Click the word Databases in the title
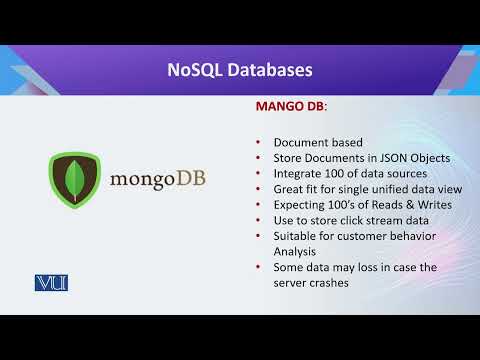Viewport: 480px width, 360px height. tap(268, 70)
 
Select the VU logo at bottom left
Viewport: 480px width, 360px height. tap(49, 283)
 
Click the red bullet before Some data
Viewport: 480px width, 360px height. tap(258, 268)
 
